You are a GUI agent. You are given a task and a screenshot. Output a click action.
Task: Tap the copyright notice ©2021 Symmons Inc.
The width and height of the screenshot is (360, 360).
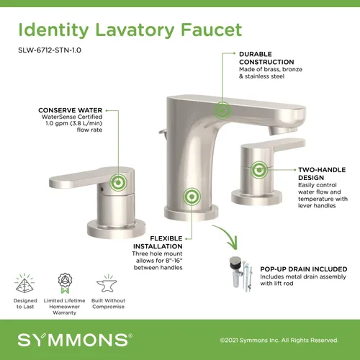[x=280, y=337]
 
